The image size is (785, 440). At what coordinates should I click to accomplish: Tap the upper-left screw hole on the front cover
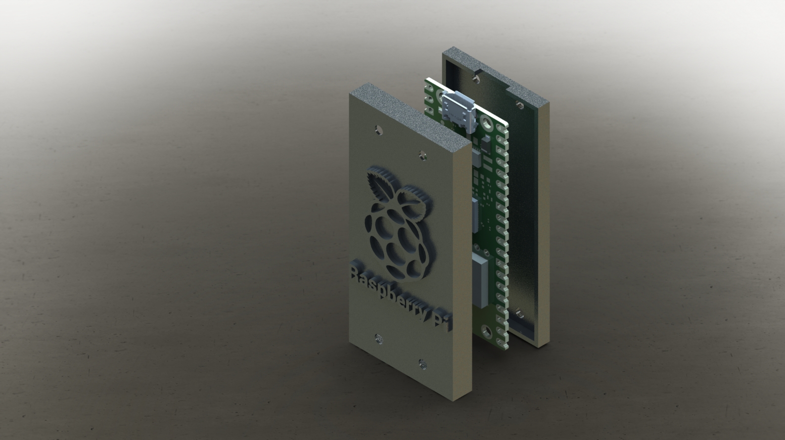(x=379, y=130)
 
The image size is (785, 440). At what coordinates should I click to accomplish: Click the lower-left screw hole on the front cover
(x=379, y=339)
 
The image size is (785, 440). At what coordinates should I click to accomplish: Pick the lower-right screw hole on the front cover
(x=423, y=364)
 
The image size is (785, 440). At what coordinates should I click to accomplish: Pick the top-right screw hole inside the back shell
(x=518, y=104)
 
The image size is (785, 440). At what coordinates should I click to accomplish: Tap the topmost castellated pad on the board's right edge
(x=504, y=130)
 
